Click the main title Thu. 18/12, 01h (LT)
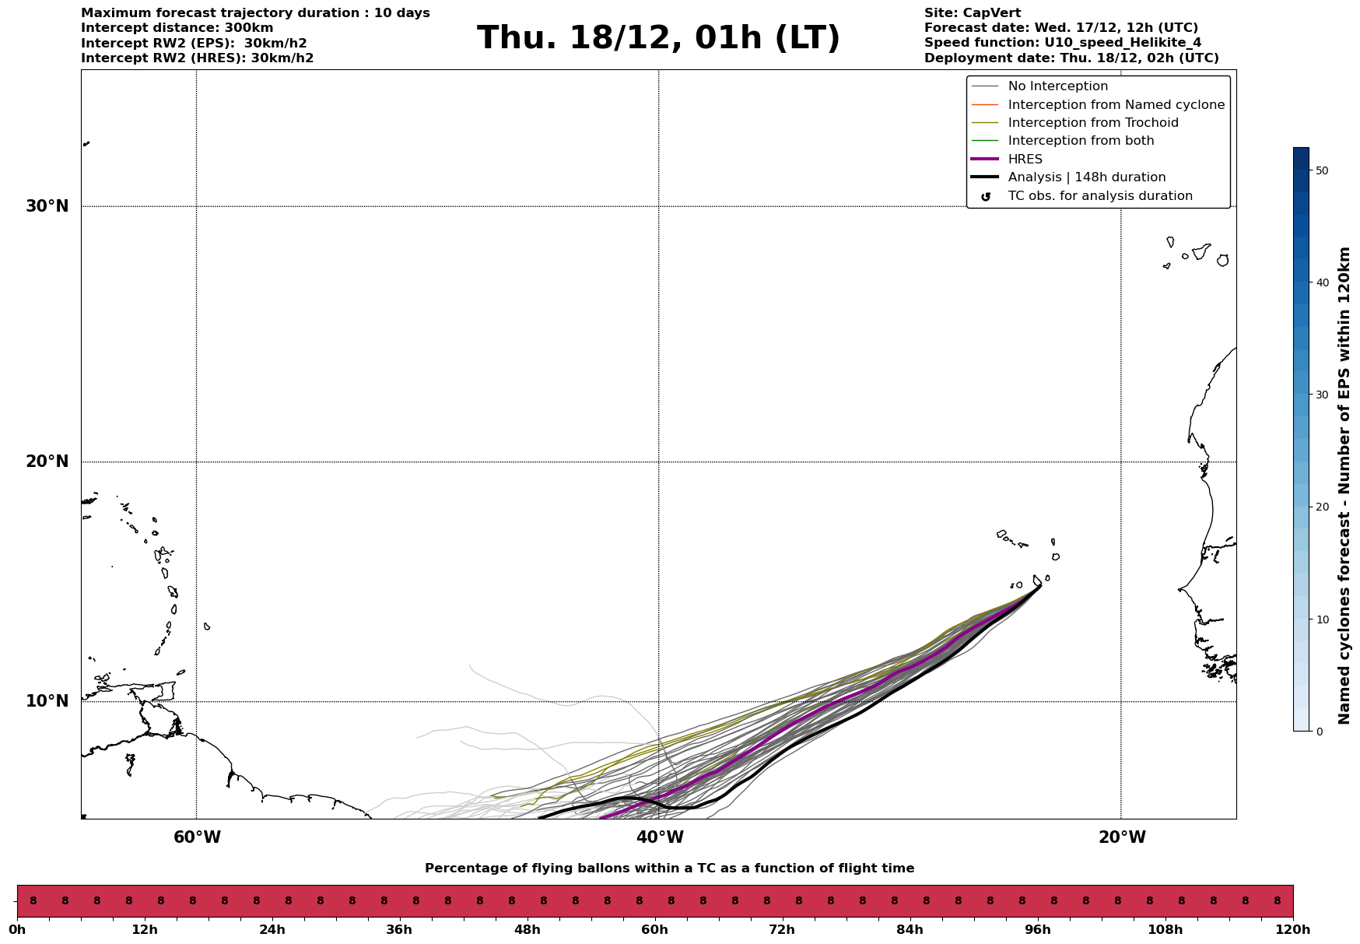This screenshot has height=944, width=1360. (658, 38)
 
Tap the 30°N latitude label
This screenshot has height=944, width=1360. (47, 206)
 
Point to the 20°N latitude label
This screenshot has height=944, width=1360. (47, 461)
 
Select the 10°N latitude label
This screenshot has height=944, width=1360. (47, 701)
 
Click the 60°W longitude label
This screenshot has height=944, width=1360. (197, 837)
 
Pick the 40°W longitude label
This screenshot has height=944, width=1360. (660, 837)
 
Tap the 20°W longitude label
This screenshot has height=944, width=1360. (1122, 837)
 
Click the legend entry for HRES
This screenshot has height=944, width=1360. (1025, 160)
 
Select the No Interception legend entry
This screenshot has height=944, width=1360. (1057, 86)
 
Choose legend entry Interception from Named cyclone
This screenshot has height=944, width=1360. (1116, 105)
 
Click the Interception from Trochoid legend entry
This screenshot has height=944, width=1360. (1092, 123)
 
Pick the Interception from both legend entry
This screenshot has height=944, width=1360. (1081, 141)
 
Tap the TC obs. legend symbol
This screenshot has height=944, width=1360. (986, 197)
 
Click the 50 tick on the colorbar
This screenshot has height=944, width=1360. (1320, 170)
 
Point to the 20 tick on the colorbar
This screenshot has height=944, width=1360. (1320, 507)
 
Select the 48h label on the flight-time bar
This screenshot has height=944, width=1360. (527, 930)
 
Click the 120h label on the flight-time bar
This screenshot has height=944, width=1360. (1292, 930)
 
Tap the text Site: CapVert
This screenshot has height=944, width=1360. (972, 13)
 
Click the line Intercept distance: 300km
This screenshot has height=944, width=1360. (177, 28)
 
